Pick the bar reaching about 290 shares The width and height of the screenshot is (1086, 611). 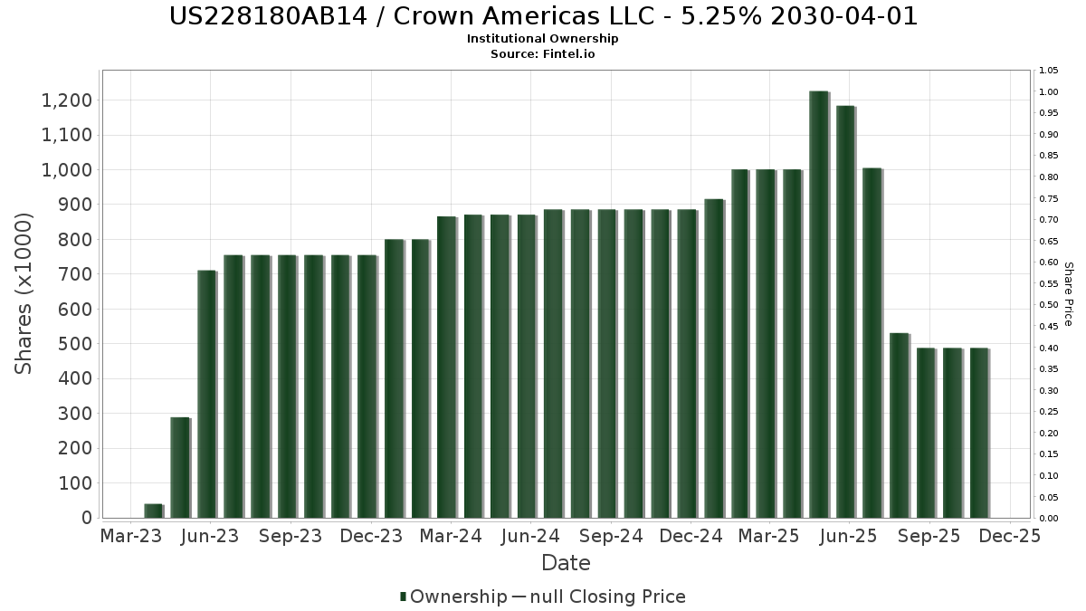click(x=180, y=467)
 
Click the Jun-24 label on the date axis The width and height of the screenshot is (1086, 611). click(x=531, y=536)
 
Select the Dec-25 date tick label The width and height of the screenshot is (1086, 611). click(x=1011, y=536)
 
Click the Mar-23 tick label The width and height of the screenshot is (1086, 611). click(x=131, y=536)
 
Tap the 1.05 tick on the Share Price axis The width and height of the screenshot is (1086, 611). click(x=1049, y=71)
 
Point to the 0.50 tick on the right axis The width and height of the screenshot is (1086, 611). click(x=1049, y=305)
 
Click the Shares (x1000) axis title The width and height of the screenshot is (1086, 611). click(x=24, y=293)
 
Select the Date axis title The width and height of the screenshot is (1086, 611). click(x=566, y=563)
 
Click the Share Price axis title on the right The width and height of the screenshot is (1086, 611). click(x=1068, y=293)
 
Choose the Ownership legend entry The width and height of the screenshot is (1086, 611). click(x=453, y=597)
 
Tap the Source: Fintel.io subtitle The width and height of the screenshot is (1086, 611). click(x=543, y=53)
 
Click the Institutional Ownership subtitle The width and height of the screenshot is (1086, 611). click(x=543, y=39)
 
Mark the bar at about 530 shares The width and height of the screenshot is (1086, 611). click(x=899, y=425)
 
